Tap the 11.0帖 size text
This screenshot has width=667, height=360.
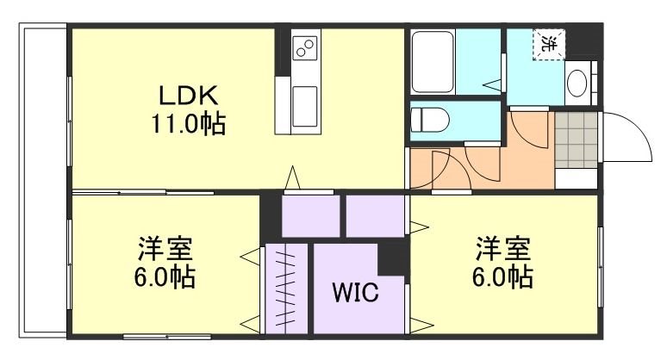point(189,126)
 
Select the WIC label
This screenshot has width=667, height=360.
point(356,293)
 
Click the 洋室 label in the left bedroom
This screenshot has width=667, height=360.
point(164,251)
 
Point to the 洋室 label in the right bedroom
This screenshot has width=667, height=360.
point(501,251)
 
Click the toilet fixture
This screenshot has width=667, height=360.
point(428,119)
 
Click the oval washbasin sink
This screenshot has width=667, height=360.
point(577,84)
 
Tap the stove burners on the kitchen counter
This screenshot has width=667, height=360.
point(305,48)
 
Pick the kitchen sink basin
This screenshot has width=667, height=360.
point(305,103)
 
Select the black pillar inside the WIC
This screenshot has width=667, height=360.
point(393,258)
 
